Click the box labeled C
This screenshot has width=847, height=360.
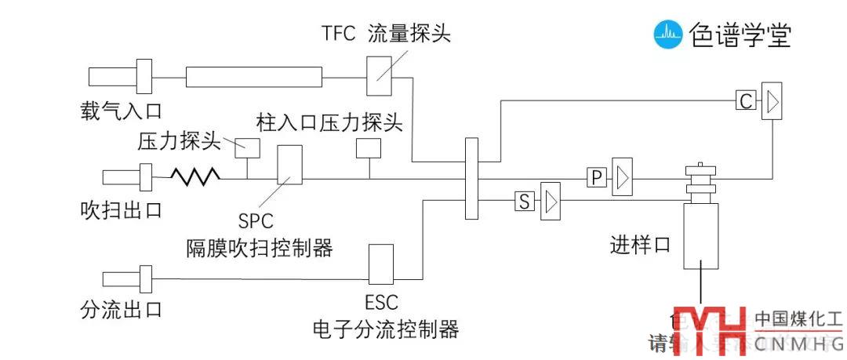click(746, 101)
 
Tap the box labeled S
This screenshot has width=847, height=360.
click(524, 202)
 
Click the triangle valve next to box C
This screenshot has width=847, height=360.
click(772, 102)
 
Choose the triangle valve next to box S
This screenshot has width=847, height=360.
click(551, 202)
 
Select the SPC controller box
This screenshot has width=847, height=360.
click(289, 164)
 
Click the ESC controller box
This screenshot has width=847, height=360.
click(380, 264)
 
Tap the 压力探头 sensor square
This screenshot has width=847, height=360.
click(248, 147)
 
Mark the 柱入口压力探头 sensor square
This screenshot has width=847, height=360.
click(368, 147)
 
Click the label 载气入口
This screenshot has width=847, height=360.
click(121, 110)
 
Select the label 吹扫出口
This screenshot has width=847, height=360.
click(121, 209)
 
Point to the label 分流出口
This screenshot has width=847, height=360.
click(121, 309)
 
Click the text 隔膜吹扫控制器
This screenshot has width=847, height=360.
click(260, 249)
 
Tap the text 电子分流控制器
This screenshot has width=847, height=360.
click(384, 329)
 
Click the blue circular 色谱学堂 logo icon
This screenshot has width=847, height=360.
click(668, 34)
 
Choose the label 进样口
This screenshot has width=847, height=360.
click(640, 245)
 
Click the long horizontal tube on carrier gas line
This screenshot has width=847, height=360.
click(253, 77)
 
